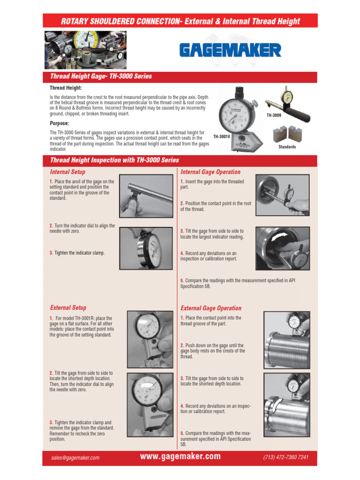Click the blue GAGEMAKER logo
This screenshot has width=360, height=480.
coord(230,50)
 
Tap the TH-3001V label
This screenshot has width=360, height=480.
coord(222,136)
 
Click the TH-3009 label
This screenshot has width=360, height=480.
coord(274,115)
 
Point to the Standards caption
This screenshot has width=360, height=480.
coord(287,147)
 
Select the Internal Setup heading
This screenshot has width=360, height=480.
coord(67,172)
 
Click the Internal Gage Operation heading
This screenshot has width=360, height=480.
coord(210,172)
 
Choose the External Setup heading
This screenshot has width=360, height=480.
coord(68,307)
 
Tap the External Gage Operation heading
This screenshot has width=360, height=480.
coord(211,308)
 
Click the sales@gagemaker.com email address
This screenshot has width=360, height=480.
coord(75,458)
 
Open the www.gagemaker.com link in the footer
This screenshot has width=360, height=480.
coord(180,457)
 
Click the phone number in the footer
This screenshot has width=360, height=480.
coord(286,457)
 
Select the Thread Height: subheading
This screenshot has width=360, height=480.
coord(66,88)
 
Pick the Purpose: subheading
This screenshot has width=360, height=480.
coord(60,123)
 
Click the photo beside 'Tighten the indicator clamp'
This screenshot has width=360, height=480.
coord(146,248)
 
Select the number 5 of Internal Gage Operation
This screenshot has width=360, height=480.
coord(182,280)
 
